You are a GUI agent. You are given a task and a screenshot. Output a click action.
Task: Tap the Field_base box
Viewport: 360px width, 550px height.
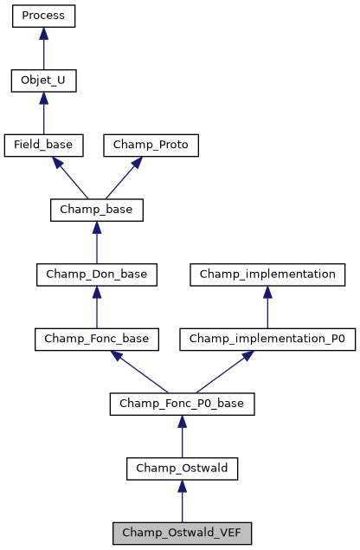pyautogui.click(x=43, y=146)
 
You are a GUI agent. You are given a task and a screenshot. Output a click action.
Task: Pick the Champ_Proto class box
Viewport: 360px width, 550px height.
pyautogui.click(x=151, y=146)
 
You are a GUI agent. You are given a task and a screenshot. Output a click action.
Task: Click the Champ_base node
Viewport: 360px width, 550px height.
pyautogui.click(x=96, y=210)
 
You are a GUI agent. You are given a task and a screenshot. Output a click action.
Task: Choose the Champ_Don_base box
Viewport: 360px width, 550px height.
pyautogui.click(x=96, y=275)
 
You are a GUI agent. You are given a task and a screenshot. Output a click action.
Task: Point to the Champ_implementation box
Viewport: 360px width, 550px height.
pyautogui.click(x=267, y=275)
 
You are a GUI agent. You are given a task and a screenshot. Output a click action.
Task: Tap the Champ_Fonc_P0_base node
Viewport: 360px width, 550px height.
pyautogui.click(x=182, y=404)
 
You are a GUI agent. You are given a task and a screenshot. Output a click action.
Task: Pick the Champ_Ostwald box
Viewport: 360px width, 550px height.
pyautogui.click(x=182, y=469)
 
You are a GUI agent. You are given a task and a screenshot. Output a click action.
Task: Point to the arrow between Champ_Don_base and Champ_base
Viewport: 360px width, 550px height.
pyautogui.click(x=96, y=243)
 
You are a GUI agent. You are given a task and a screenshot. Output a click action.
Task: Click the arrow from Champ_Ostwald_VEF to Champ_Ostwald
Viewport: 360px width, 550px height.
pyautogui.click(x=182, y=501)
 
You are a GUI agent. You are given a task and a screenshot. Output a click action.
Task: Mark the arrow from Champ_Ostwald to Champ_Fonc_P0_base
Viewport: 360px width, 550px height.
pyautogui.click(x=182, y=437)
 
